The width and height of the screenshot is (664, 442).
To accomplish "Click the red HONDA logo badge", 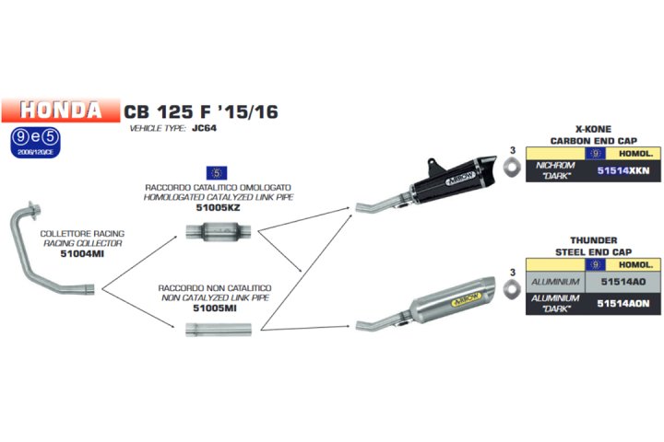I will point(61,110).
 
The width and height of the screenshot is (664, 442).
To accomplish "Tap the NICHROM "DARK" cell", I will point(554,171).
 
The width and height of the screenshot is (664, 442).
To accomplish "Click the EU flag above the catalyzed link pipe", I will point(217,172).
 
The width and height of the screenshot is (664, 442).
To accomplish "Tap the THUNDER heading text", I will point(593,240).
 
